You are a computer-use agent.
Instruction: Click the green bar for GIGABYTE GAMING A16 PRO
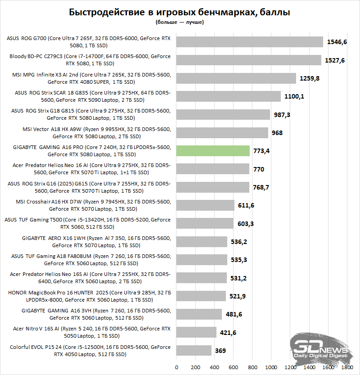(x=213, y=151)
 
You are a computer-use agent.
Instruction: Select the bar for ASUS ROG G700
(x=250, y=42)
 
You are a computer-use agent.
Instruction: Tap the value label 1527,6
(x=336, y=60)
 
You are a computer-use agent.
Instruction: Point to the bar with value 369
(x=194, y=351)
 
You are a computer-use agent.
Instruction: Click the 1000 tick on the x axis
(x=271, y=367)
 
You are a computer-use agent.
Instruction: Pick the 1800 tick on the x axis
(x=347, y=367)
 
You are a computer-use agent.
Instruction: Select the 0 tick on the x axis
(x=176, y=367)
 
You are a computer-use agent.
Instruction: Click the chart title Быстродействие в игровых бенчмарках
(x=180, y=12)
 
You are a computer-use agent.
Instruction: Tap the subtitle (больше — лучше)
(x=180, y=22)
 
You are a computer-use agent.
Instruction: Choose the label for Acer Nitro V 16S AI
(x=90, y=332)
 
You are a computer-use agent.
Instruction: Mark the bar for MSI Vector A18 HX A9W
(x=222, y=133)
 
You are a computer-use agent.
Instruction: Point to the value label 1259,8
(x=310, y=78)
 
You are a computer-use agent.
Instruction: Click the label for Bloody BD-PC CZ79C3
(x=90, y=60)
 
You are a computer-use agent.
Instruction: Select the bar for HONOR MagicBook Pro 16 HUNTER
(x=201, y=296)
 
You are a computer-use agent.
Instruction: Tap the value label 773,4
(x=261, y=151)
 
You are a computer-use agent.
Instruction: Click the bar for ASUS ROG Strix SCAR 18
(x=229, y=96)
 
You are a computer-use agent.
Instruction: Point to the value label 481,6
(x=234, y=314)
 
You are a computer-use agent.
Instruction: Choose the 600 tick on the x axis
(x=233, y=367)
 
